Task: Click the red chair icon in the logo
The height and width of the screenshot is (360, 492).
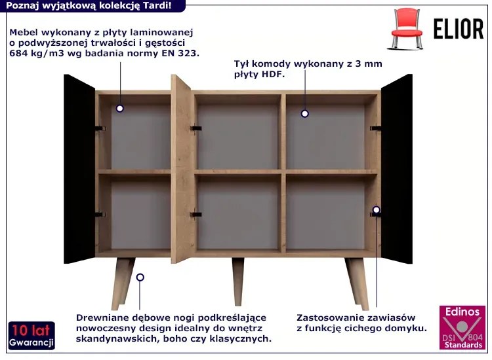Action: (x=406, y=29)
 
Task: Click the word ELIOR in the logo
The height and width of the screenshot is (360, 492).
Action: (x=459, y=29)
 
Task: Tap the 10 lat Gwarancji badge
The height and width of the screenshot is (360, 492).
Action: (x=31, y=335)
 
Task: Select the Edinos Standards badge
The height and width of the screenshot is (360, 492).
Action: (x=462, y=327)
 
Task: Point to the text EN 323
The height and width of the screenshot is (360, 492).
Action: (x=180, y=53)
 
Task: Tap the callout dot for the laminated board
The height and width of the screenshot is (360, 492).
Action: (x=119, y=109)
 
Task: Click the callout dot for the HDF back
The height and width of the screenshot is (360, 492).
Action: (x=304, y=114)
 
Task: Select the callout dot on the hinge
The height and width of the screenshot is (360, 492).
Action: (x=377, y=209)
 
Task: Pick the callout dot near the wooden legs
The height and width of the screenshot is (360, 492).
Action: (x=140, y=277)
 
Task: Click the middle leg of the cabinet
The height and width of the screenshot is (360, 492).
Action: (x=238, y=281)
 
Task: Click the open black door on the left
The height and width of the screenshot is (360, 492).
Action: (x=79, y=169)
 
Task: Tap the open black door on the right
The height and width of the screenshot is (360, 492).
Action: (x=397, y=169)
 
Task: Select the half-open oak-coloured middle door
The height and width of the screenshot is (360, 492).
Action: (x=181, y=169)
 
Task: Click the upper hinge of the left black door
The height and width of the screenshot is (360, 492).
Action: (x=100, y=129)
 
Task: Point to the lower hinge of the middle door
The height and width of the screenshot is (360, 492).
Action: (x=195, y=215)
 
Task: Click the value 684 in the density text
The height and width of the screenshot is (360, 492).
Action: (x=18, y=53)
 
